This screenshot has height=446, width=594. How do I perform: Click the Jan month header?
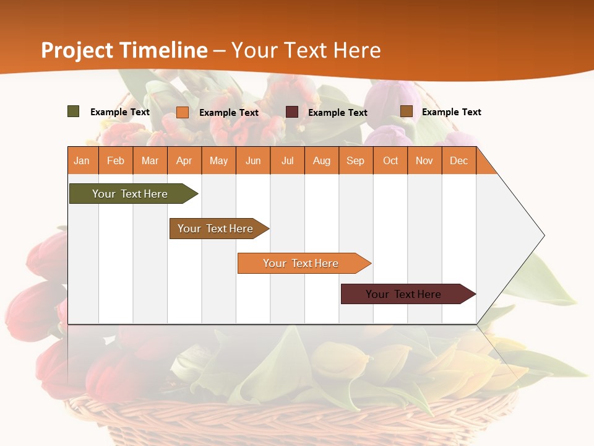pyautogui.click(x=82, y=160)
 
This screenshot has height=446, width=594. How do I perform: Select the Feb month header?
pyautogui.click(x=116, y=160)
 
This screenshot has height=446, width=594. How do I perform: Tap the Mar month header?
pyautogui.click(x=150, y=160)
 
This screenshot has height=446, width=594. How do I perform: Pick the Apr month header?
pyautogui.click(x=184, y=160)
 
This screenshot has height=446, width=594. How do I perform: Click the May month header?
pyautogui.click(x=218, y=160)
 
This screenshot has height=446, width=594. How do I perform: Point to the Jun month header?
pyautogui.click(x=253, y=160)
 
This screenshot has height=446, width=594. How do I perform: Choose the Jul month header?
pyautogui.click(x=287, y=160)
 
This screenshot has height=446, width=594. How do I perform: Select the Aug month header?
pyautogui.click(x=322, y=160)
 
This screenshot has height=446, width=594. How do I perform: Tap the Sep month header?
pyautogui.click(x=356, y=160)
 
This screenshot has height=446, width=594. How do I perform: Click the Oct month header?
pyautogui.click(x=390, y=160)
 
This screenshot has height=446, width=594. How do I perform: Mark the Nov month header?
pyautogui.click(x=424, y=160)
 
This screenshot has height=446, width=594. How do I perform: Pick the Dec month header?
pyautogui.click(x=459, y=160)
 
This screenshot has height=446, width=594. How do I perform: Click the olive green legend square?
pyautogui.click(x=74, y=111)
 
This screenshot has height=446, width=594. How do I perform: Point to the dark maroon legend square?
pyautogui.click(x=292, y=111)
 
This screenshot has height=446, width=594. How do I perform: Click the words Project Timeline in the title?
pyautogui.click(x=124, y=50)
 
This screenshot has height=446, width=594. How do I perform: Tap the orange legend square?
pyautogui.click(x=183, y=112)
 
